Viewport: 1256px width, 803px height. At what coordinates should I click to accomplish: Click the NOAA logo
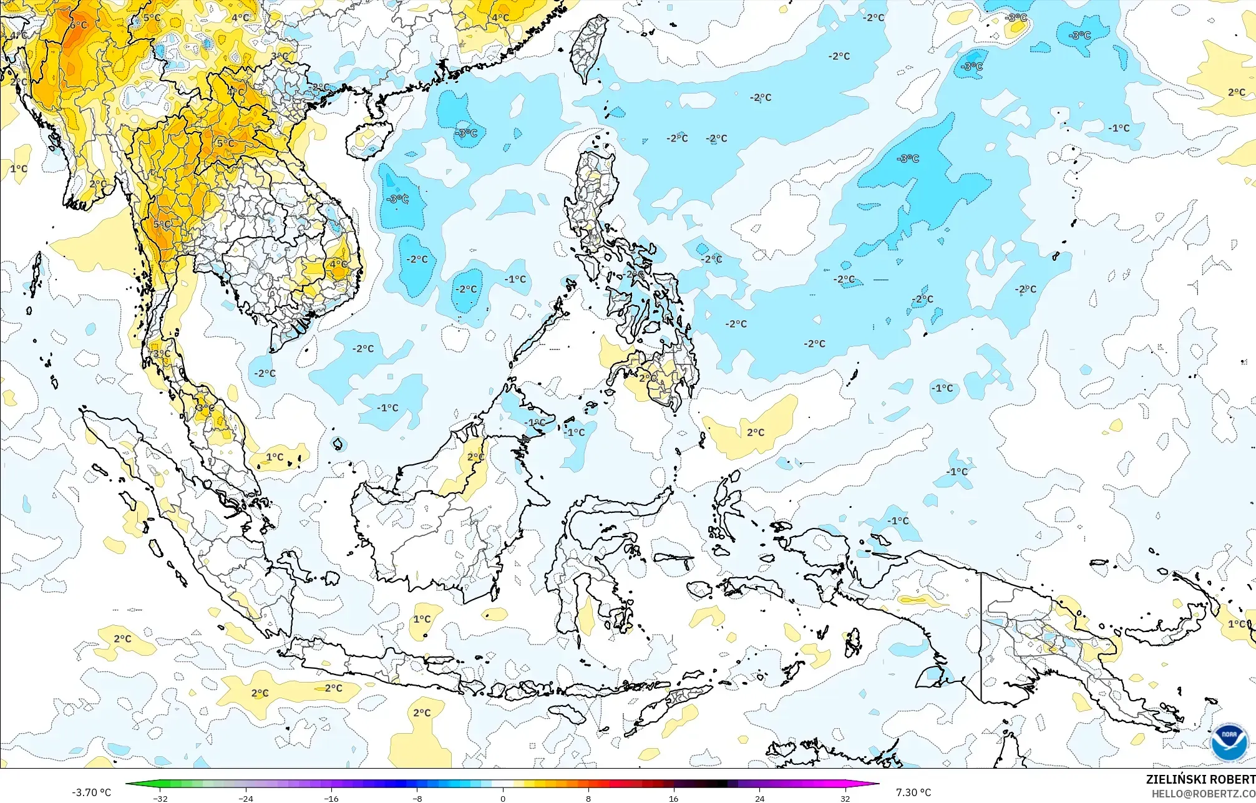pyautogui.click(x=1229, y=742)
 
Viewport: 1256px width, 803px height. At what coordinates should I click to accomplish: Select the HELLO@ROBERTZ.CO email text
pyautogui.click(x=1203, y=794)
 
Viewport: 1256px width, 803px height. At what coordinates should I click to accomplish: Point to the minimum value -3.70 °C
pyautogui.click(x=91, y=792)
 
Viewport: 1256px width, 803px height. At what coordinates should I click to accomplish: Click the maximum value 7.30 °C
pyautogui.click(x=913, y=792)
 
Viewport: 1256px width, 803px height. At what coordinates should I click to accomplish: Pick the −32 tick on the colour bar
pyautogui.click(x=160, y=798)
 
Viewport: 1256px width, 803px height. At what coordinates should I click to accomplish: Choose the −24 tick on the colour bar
pyautogui.click(x=246, y=798)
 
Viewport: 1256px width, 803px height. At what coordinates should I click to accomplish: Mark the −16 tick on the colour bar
pyautogui.click(x=331, y=798)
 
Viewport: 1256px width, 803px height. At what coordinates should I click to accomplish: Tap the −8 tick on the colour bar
pyautogui.click(x=417, y=798)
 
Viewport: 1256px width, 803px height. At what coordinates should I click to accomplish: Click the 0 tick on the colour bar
pyautogui.click(x=503, y=798)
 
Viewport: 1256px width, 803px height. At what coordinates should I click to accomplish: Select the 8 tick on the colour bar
pyautogui.click(x=588, y=798)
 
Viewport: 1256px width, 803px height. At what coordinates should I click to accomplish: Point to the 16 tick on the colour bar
pyautogui.click(x=674, y=798)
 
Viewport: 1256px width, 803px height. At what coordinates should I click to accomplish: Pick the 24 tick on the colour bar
pyautogui.click(x=759, y=798)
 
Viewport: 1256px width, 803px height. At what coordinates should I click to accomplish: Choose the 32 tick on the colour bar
pyautogui.click(x=845, y=798)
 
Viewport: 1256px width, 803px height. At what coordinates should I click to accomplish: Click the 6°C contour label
pyautogui.click(x=78, y=25)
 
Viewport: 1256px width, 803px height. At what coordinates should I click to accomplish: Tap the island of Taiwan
pyautogui.click(x=589, y=47)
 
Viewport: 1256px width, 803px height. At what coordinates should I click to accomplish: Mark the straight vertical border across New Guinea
pyautogui.click(x=981, y=636)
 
